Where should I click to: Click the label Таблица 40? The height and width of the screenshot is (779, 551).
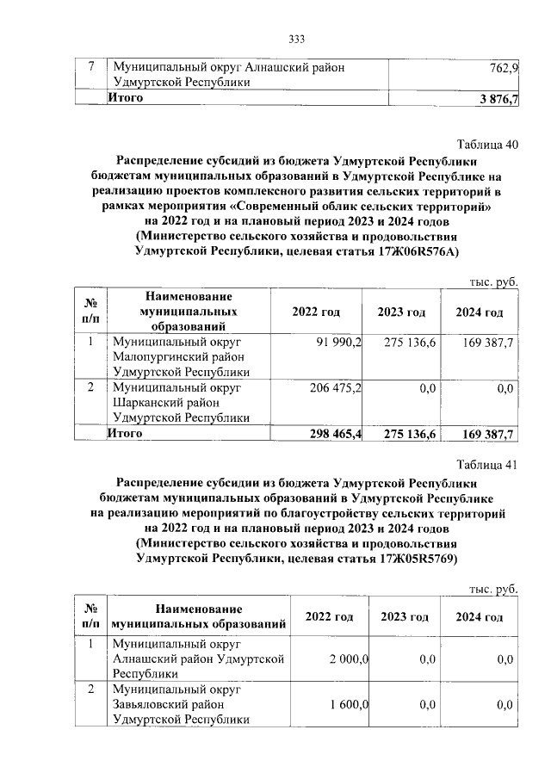pos(487,144)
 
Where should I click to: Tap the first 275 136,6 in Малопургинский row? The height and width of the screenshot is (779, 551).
pos(410,343)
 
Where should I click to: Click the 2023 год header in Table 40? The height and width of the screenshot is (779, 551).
pos(401,312)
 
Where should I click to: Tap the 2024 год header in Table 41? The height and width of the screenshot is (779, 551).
pos(480,618)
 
